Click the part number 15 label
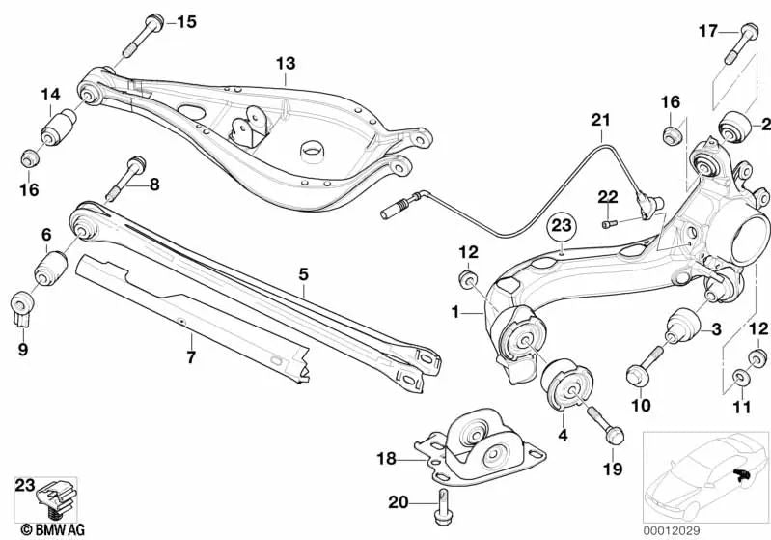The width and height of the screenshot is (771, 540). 185,21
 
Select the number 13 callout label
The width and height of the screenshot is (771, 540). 285,64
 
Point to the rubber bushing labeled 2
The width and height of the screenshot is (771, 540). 736,126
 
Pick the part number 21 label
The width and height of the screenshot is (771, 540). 601,120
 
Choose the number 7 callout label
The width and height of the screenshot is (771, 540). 191,357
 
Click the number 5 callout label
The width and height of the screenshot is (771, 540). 303,275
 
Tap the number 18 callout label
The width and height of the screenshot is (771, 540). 387,460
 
